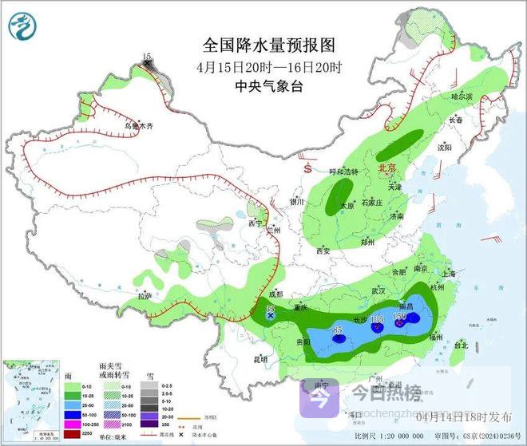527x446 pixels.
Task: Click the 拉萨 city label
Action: tap(144, 296)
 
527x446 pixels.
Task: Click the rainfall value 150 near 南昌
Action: tap(400, 317)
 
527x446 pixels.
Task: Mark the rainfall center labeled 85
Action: tap(338, 330)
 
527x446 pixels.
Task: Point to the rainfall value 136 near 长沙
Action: tap(377, 320)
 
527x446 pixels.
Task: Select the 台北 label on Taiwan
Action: tap(461, 345)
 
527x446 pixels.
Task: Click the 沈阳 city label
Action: tap(455, 148)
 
